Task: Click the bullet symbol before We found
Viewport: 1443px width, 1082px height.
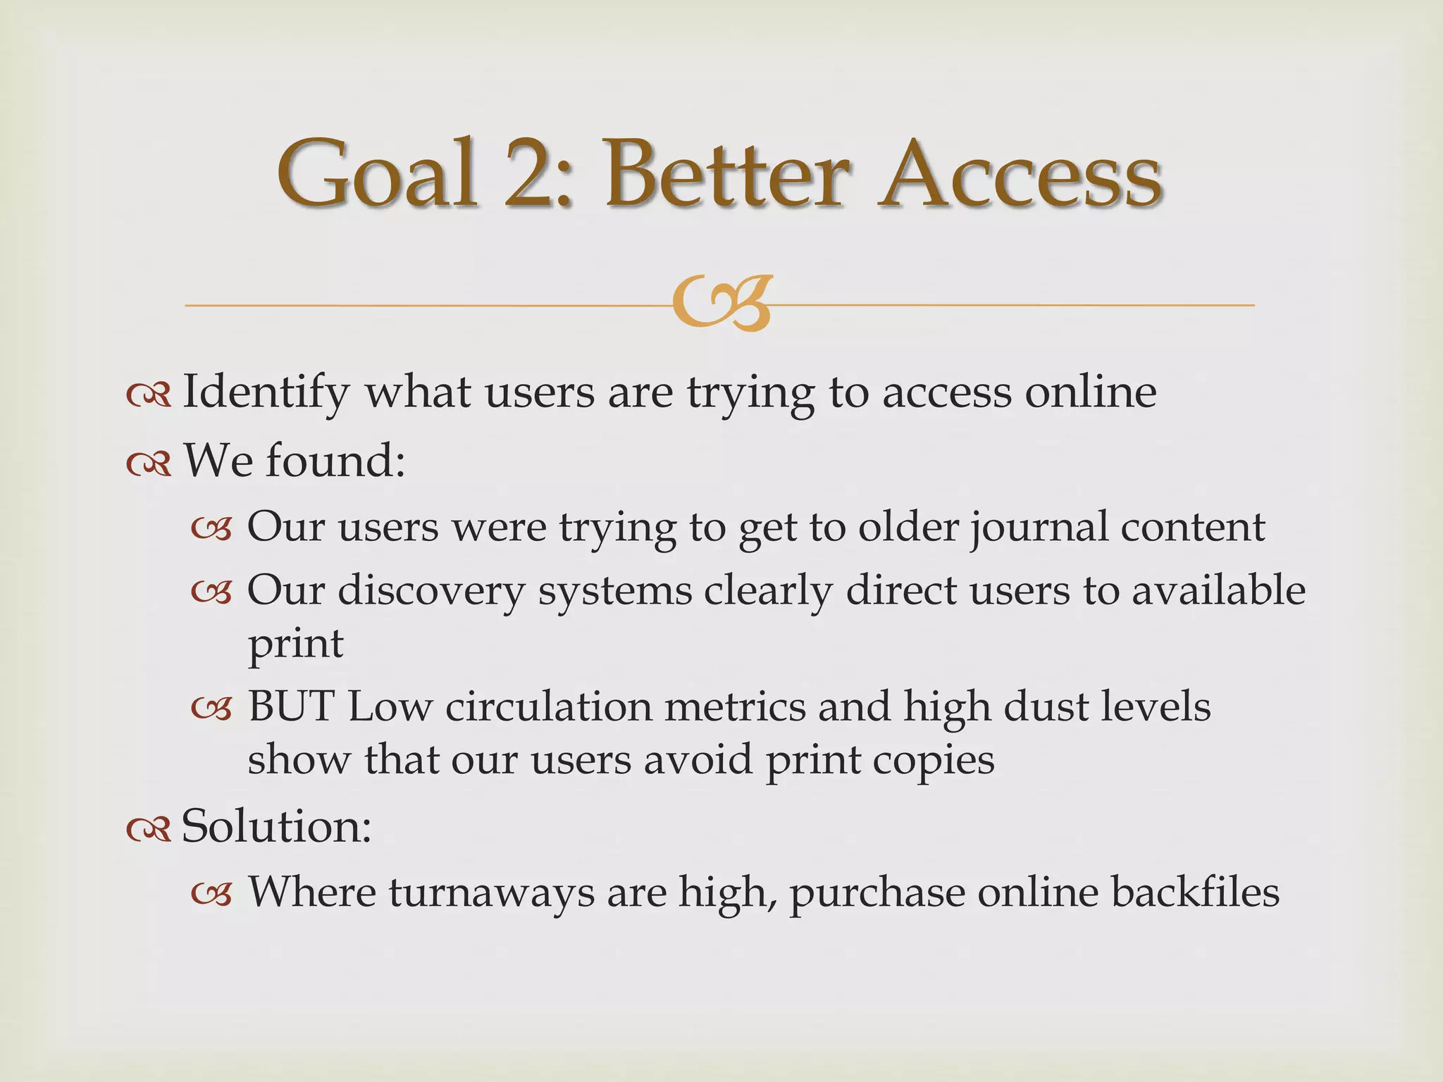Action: coord(149,463)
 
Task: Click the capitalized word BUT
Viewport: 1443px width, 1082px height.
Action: coord(290,707)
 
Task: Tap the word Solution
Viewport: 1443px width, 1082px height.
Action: coord(275,826)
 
